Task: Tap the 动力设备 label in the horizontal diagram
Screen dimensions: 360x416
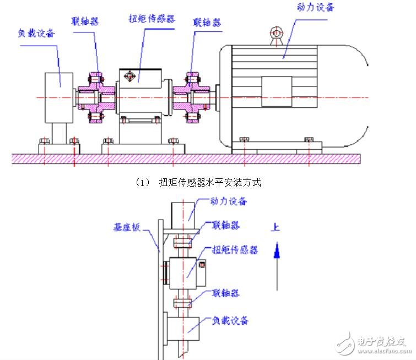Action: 315,7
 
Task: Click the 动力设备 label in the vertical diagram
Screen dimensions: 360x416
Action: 227,201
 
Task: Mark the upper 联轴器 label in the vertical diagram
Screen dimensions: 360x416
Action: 226,226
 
